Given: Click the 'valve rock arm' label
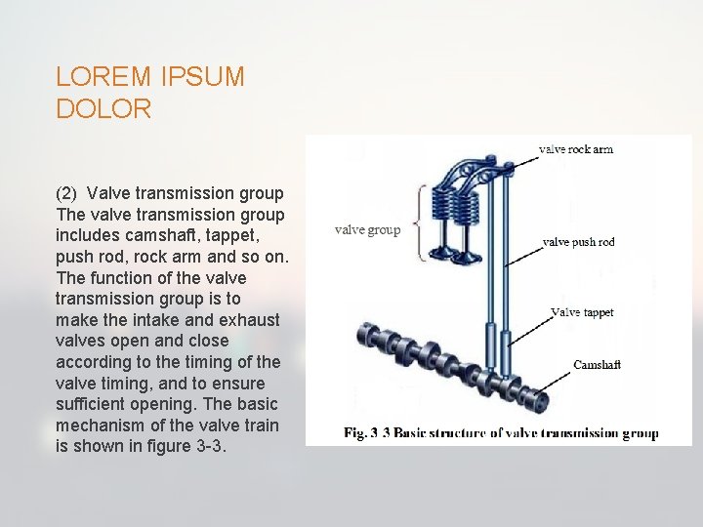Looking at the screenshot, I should click(576, 149).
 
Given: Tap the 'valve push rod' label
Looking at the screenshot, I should click(578, 242).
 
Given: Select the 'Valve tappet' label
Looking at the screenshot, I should click(583, 312).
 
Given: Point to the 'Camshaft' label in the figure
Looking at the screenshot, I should click(597, 365).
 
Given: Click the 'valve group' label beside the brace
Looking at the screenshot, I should click(367, 230).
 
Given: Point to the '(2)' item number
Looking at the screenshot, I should click(66, 193).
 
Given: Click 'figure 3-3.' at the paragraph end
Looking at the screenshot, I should click(204, 446).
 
